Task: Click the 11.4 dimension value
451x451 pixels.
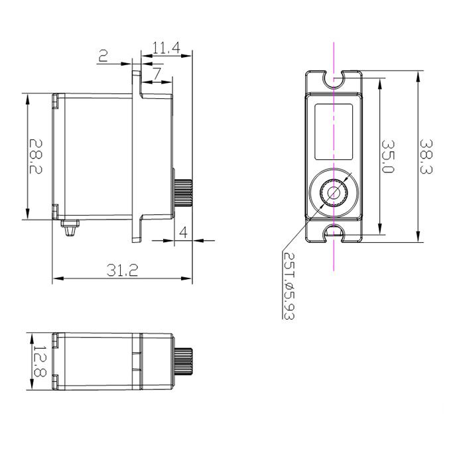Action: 166,48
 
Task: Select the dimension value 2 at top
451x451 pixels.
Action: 103,56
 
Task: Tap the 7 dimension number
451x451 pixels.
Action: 157,74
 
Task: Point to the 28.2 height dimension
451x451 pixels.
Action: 36,157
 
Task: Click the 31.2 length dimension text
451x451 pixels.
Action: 122,270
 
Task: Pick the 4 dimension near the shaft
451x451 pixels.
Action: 183,232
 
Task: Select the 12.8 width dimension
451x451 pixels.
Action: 40,361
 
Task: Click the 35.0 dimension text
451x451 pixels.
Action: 388,156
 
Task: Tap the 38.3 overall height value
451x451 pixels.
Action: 426,157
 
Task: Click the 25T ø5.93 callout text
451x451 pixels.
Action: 289,286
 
